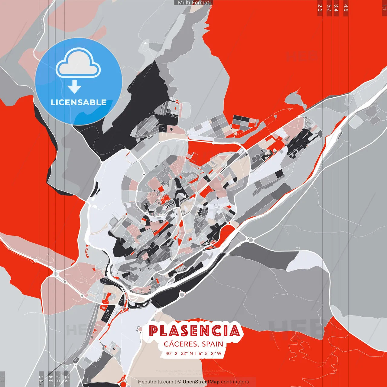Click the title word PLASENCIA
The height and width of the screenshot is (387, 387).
click(194, 331)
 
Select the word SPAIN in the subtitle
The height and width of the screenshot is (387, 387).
click(213, 344)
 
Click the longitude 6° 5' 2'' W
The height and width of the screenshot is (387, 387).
click(210, 353)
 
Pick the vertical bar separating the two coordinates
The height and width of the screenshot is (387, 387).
click(195, 353)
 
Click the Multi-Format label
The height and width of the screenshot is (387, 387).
click(193, 3)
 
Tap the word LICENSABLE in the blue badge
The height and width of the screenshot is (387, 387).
click(79, 102)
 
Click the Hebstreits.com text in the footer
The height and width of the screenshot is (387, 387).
click(155, 382)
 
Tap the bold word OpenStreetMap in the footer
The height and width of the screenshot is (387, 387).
click(201, 382)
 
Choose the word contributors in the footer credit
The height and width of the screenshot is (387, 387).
click(235, 382)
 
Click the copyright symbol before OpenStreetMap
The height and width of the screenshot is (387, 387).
click(179, 382)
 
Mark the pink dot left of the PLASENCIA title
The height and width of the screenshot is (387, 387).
click(140, 329)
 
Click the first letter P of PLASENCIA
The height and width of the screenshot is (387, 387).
click(154, 331)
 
